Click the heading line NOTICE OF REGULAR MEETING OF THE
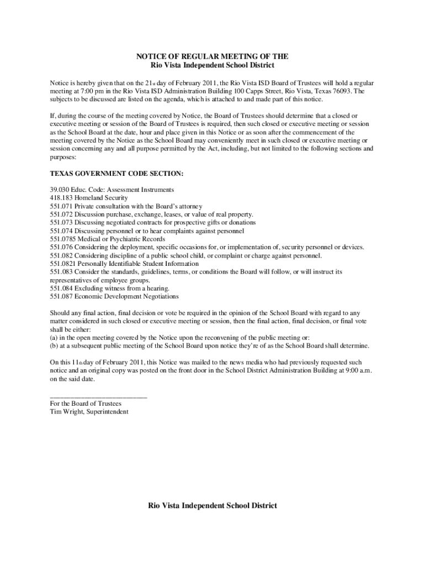tap(212, 57)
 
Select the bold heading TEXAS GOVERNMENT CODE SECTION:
tap(116, 174)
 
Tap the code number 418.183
tap(61, 197)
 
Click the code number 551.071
tap(61, 206)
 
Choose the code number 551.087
tap(61, 296)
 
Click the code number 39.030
tap(59, 190)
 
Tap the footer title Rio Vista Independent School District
tap(212, 506)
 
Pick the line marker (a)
tap(54, 337)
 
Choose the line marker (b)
tap(54, 345)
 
